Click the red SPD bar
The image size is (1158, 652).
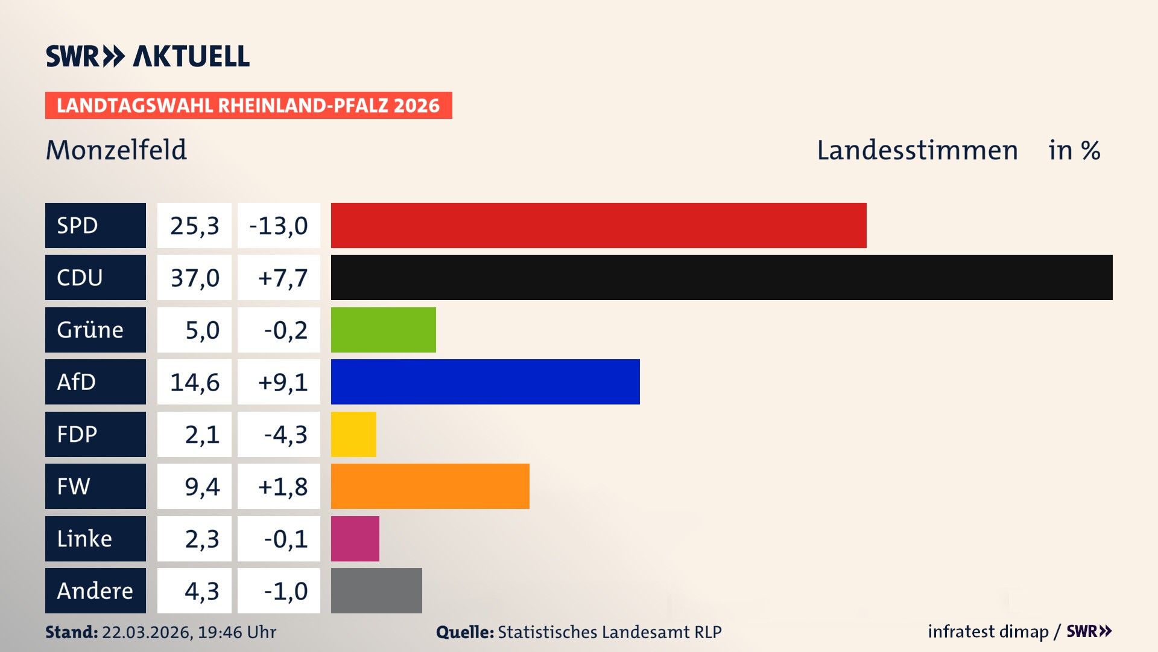click(x=598, y=225)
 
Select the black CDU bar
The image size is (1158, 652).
click(x=721, y=278)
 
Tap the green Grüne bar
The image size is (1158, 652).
click(x=383, y=330)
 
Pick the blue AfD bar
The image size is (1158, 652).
click(x=485, y=382)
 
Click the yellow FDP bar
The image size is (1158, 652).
click(x=353, y=434)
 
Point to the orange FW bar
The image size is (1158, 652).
click(x=430, y=486)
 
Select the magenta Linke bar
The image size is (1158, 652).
click(x=355, y=539)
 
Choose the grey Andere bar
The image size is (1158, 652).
click(x=376, y=590)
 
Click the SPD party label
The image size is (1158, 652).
click(x=95, y=225)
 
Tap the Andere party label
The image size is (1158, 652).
click(x=95, y=590)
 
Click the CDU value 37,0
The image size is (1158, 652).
click(x=194, y=278)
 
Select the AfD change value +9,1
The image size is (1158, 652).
click(x=279, y=382)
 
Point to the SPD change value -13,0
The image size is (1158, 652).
click(x=279, y=225)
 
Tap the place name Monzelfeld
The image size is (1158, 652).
click(x=116, y=150)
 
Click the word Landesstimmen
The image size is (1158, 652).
click(x=917, y=150)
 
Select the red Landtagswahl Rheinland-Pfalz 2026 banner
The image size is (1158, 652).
click(x=248, y=105)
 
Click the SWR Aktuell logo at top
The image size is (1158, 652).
click(x=147, y=56)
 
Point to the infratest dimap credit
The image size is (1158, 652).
click(x=988, y=631)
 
